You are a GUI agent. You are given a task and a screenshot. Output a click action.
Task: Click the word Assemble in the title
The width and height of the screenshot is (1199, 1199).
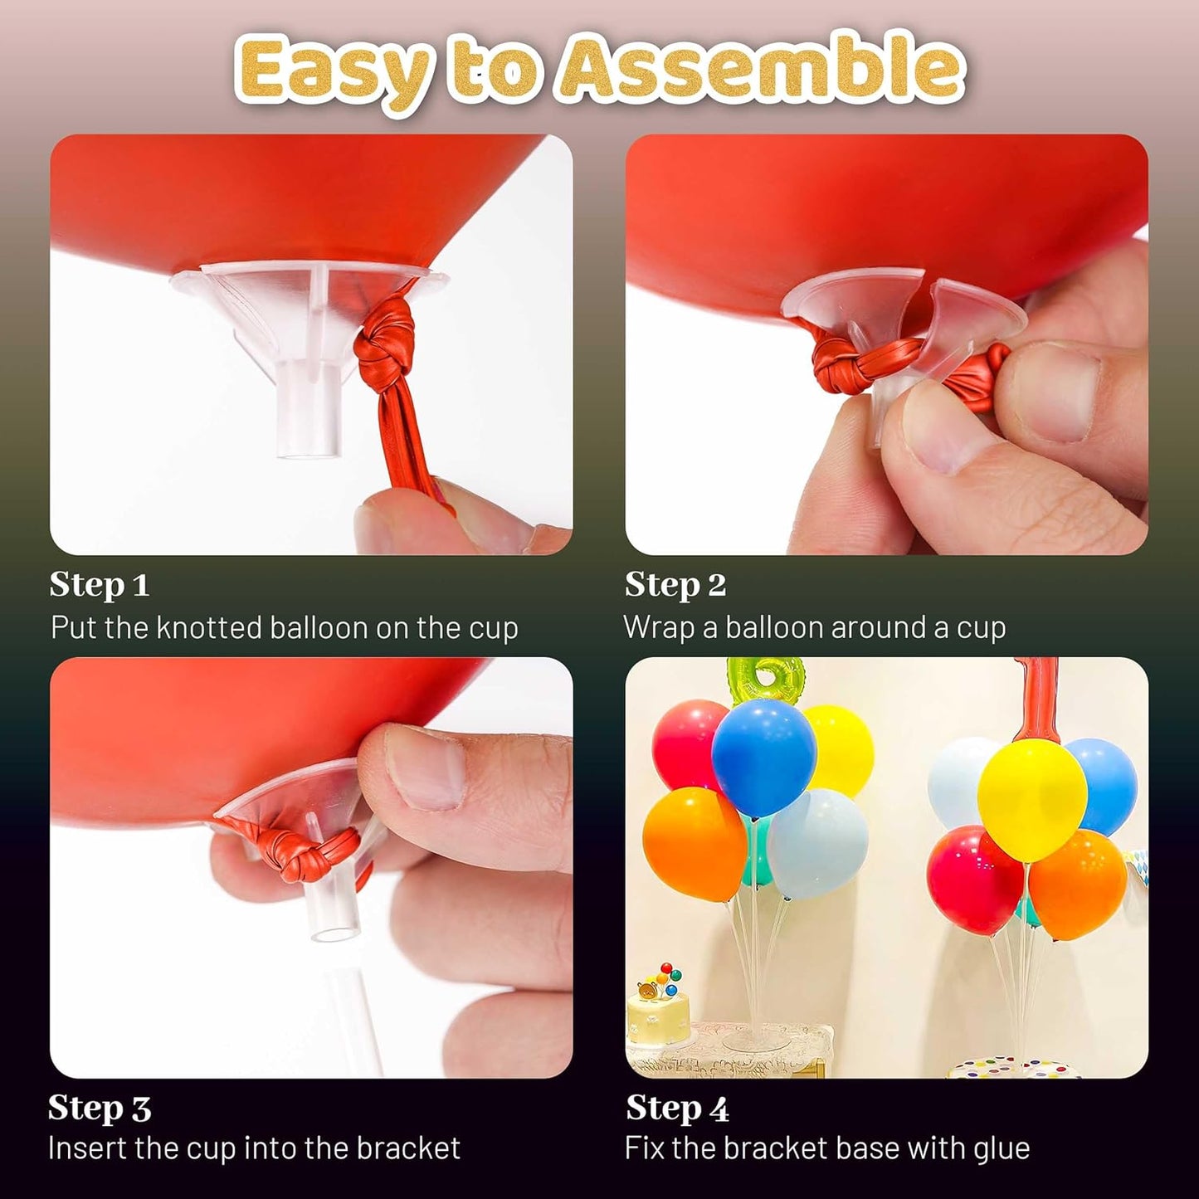[x=763, y=69]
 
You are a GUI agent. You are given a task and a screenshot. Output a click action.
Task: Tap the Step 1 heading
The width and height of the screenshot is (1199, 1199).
[x=99, y=585]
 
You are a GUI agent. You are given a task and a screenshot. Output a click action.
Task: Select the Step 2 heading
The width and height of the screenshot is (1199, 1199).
[x=675, y=585]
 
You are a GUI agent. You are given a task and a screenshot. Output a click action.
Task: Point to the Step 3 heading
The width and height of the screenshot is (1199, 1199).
[x=99, y=1109]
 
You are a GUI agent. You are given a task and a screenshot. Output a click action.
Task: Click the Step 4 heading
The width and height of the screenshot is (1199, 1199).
[x=676, y=1109]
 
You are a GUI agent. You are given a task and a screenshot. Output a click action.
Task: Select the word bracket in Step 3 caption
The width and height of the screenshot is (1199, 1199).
[x=407, y=1148]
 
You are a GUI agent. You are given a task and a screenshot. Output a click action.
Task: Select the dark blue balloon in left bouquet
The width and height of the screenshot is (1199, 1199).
[x=763, y=755]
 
